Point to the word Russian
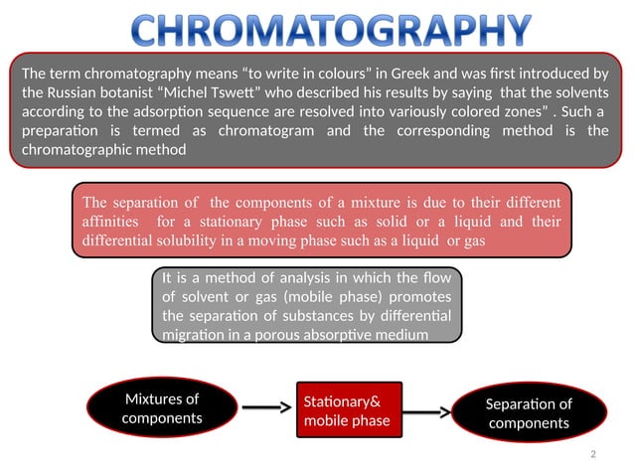[x=75, y=92]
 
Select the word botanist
[x=139, y=92]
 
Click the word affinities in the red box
[x=114, y=222]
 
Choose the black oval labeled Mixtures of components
[x=161, y=408]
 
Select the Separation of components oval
[x=528, y=413]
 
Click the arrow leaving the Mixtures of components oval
[x=267, y=407]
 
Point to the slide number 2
[x=591, y=454]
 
